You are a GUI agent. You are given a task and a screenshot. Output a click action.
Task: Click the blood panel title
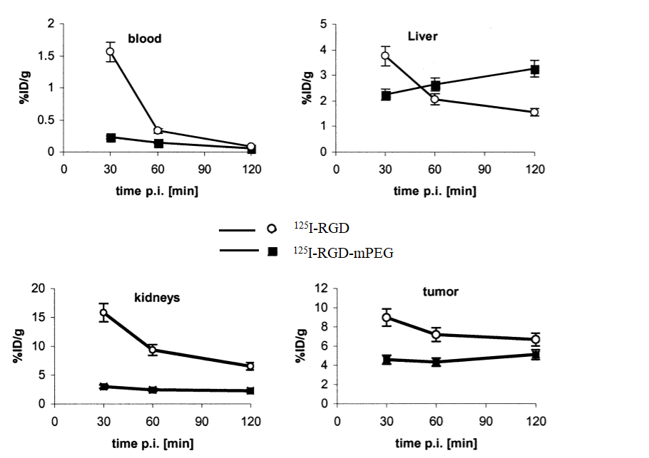[x=145, y=38]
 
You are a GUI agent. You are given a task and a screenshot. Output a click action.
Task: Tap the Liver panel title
[x=422, y=36]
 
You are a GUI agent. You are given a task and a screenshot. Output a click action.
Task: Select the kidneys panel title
[x=156, y=297]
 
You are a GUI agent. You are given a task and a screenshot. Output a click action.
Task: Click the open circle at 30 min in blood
[x=111, y=51]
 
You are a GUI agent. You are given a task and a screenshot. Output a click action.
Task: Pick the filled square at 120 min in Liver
[x=534, y=70]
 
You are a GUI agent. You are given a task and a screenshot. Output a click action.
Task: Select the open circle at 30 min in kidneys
[x=104, y=312]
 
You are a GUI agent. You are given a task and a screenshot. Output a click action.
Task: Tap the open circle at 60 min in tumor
[x=436, y=334]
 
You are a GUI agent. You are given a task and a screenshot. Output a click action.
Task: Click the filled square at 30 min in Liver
[x=386, y=95]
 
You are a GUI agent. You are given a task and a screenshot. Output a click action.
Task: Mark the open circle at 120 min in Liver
[x=534, y=112]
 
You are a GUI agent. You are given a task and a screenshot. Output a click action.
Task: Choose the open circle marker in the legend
[x=272, y=229]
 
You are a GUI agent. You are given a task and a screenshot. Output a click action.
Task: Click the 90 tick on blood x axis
[x=205, y=170]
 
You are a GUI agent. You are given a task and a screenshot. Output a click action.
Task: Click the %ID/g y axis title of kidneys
[x=18, y=346]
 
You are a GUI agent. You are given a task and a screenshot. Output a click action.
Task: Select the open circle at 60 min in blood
[x=158, y=130]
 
